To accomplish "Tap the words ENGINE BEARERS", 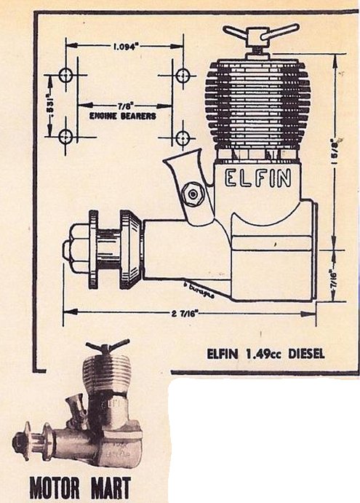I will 121,116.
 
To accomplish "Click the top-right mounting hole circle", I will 182,74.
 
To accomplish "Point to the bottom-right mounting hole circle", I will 182,136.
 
